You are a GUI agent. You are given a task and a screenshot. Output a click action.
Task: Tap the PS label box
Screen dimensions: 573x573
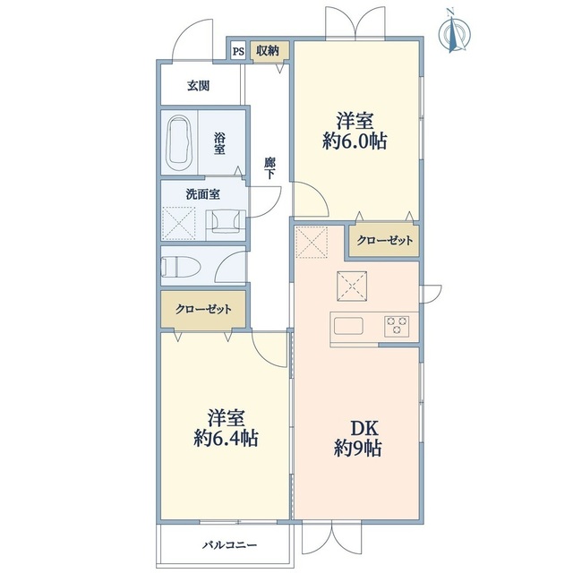[x=238, y=51]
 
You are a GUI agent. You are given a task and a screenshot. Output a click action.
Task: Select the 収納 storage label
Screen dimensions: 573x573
[x=266, y=51]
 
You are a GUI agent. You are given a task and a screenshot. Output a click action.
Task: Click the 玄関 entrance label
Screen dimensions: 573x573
[x=198, y=87]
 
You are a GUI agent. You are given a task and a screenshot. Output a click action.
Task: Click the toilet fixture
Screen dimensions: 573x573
[x=180, y=266]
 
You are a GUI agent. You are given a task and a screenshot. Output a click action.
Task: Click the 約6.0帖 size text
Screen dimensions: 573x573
[x=355, y=141]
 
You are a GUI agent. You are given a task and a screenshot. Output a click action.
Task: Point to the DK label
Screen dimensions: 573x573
[x=354, y=428]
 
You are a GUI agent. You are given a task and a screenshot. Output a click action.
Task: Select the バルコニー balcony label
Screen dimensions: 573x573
[x=229, y=544]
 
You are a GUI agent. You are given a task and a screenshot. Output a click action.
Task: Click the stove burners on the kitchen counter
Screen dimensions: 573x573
[x=398, y=323]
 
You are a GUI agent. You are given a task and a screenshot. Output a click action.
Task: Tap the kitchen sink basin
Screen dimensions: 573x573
[x=346, y=323]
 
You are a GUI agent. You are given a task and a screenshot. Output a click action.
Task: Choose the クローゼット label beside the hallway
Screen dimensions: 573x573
[x=203, y=310]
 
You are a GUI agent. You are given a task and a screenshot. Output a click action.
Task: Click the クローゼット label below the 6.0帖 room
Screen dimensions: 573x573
[x=385, y=240]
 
